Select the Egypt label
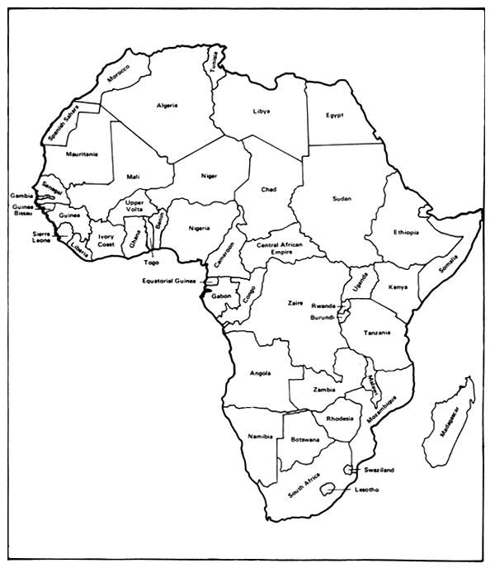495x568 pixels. [334, 115]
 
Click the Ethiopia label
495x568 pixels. [407, 232]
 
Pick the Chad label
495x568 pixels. [269, 189]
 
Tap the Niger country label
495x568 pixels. [208, 175]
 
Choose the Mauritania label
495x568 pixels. [82, 154]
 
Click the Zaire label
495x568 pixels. [295, 303]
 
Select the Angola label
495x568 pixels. [261, 374]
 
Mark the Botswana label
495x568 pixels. [304, 440]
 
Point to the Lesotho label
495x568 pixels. [366, 490]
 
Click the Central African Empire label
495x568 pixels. [280, 248]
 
